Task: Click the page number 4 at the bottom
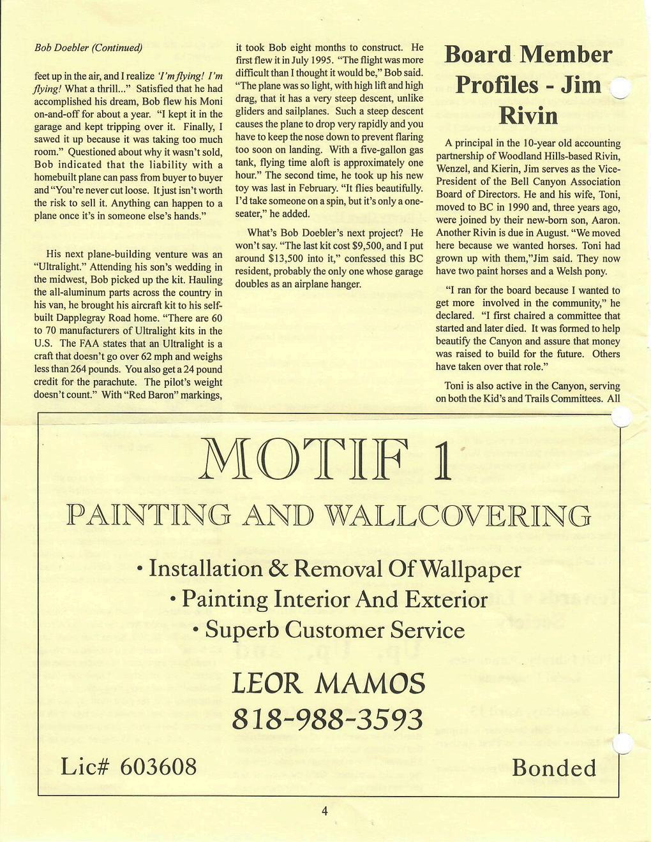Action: [324, 812]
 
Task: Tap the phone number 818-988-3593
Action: [328, 719]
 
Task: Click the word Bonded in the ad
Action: [554, 767]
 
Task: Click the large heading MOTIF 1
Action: [325, 460]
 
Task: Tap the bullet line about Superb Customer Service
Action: [328, 630]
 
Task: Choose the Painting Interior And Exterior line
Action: [328, 600]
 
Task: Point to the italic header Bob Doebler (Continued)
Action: [88, 48]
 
